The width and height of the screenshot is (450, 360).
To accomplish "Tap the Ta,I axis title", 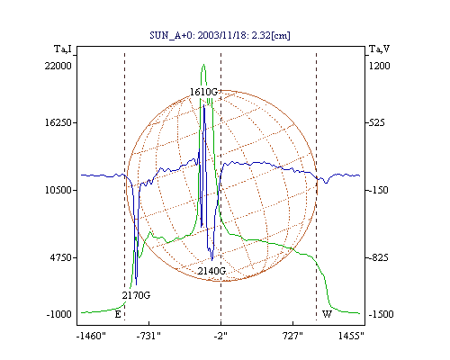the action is (63, 49).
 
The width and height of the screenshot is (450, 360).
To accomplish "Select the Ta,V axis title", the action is (380, 49).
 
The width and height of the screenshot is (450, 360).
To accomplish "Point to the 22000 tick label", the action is (58, 66).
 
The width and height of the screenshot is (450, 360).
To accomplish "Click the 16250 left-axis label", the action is (58, 122).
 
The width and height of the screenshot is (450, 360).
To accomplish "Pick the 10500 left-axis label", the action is (58, 190).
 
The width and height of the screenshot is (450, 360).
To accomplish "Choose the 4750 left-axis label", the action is (61, 257).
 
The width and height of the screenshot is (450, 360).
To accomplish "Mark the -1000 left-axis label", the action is (59, 314).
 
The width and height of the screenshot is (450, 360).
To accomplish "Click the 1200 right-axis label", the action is (379, 66).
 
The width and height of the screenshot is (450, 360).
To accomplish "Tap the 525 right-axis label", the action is (377, 122).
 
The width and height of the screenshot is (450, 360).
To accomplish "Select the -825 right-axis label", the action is (379, 257).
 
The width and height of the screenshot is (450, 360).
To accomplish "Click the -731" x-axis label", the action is (148, 336).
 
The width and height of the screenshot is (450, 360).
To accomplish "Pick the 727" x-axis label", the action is (292, 336).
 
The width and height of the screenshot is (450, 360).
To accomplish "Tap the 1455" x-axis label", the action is (351, 336).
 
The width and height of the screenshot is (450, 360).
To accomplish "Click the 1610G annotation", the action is (203, 92).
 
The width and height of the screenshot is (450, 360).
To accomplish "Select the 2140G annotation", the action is (211, 271).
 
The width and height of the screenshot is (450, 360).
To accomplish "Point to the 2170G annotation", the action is (136, 295).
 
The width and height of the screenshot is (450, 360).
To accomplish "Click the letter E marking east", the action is (118, 314).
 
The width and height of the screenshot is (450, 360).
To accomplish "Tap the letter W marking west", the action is (327, 314).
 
